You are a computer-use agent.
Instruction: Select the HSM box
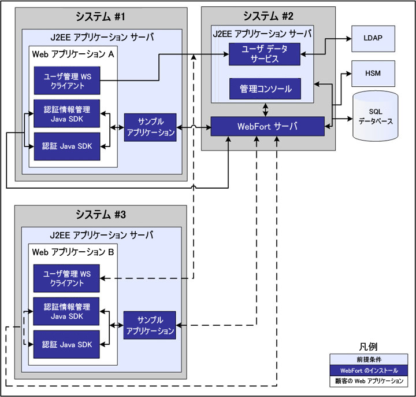pyautogui.click(x=373, y=74)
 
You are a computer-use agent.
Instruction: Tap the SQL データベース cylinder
pyautogui.click(x=375, y=115)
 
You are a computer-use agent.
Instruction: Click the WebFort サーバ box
pyautogui.click(x=267, y=127)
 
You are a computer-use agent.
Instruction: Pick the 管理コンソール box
pyautogui.click(x=265, y=90)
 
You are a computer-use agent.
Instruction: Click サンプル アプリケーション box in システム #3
pyautogui.click(x=150, y=325)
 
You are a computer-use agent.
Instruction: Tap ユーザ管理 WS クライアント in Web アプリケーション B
pyautogui.click(x=66, y=279)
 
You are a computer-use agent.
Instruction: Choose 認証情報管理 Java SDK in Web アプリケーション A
pyautogui.click(x=66, y=113)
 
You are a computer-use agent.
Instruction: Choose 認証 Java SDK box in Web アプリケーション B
pyautogui.click(x=66, y=344)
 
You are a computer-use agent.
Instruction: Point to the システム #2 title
pyautogui.click(x=268, y=16)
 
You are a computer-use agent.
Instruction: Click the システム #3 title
pyautogui.click(x=101, y=214)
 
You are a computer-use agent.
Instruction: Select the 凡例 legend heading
pyautogui.click(x=369, y=347)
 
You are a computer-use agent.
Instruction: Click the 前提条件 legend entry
pyautogui.click(x=369, y=359)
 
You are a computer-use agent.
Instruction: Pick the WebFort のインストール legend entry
pyautogui.click(x=369, y=370)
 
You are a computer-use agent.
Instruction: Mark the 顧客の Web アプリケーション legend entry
pyautogui.click(x=369, y=382)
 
